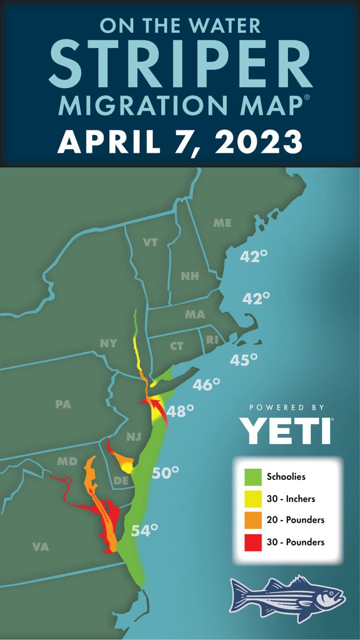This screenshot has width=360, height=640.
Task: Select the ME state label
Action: pyautogui.click(x=222, y=223)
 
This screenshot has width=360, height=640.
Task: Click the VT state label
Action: pyautogui.click(x=150, y=242)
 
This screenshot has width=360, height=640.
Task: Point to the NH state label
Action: pyautogui.click(x=190, y=276)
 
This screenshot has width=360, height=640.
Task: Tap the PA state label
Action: pyautogui.click(x=63, y=404)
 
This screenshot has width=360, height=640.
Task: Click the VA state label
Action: pyautogui.click(x=41, y=546)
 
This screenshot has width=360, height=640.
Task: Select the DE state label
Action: pyautogui.click(x=121, y=481)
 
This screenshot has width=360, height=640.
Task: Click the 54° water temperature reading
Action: pyautogui.click(x=145, y=531)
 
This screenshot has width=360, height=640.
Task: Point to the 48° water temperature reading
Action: pyautogui.click(x=180, y=411)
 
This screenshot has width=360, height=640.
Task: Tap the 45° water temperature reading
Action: pyautogui.click(x=244, y=359)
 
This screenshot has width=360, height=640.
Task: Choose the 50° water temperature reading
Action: pyautogui.click(x=166, y=472)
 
